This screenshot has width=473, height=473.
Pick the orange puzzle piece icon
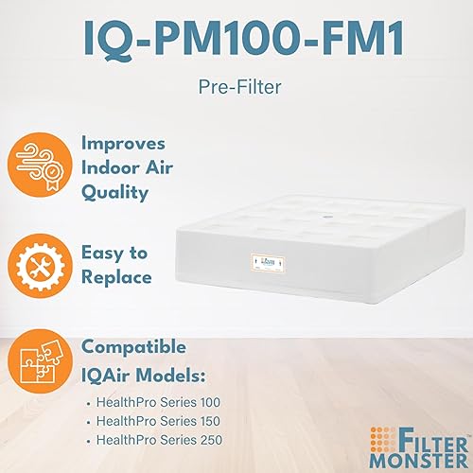[x=44, y=364]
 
